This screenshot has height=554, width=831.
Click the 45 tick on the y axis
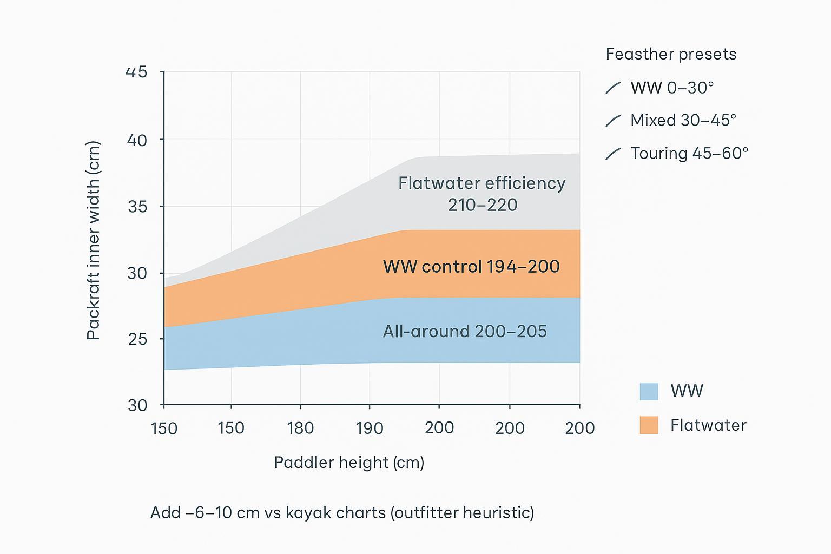[136, 72]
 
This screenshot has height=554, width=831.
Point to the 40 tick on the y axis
[136, 140]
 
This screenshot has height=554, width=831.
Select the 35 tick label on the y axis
[136, 207]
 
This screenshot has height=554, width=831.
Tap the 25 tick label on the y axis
[136, 339]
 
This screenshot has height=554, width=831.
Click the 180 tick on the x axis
[300, 428]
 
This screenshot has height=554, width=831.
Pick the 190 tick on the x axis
[370, 428]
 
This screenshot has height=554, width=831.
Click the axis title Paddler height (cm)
[349, 463]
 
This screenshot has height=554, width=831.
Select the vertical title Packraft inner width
[94, 241]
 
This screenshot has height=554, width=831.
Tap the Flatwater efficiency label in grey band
[482, 183]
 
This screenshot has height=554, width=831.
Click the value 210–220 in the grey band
[483, 205]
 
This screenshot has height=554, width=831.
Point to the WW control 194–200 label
[471, 267]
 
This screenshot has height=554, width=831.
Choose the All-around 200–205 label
[465, 331]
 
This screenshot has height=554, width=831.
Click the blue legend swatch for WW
[649, 391]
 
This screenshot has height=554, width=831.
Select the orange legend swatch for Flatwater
[649, 425]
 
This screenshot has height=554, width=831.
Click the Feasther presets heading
[671, 54]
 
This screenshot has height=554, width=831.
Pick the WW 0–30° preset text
[672, 88]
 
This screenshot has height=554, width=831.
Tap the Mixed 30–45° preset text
[683, 120]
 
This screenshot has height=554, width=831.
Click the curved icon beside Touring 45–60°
[613, 154]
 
